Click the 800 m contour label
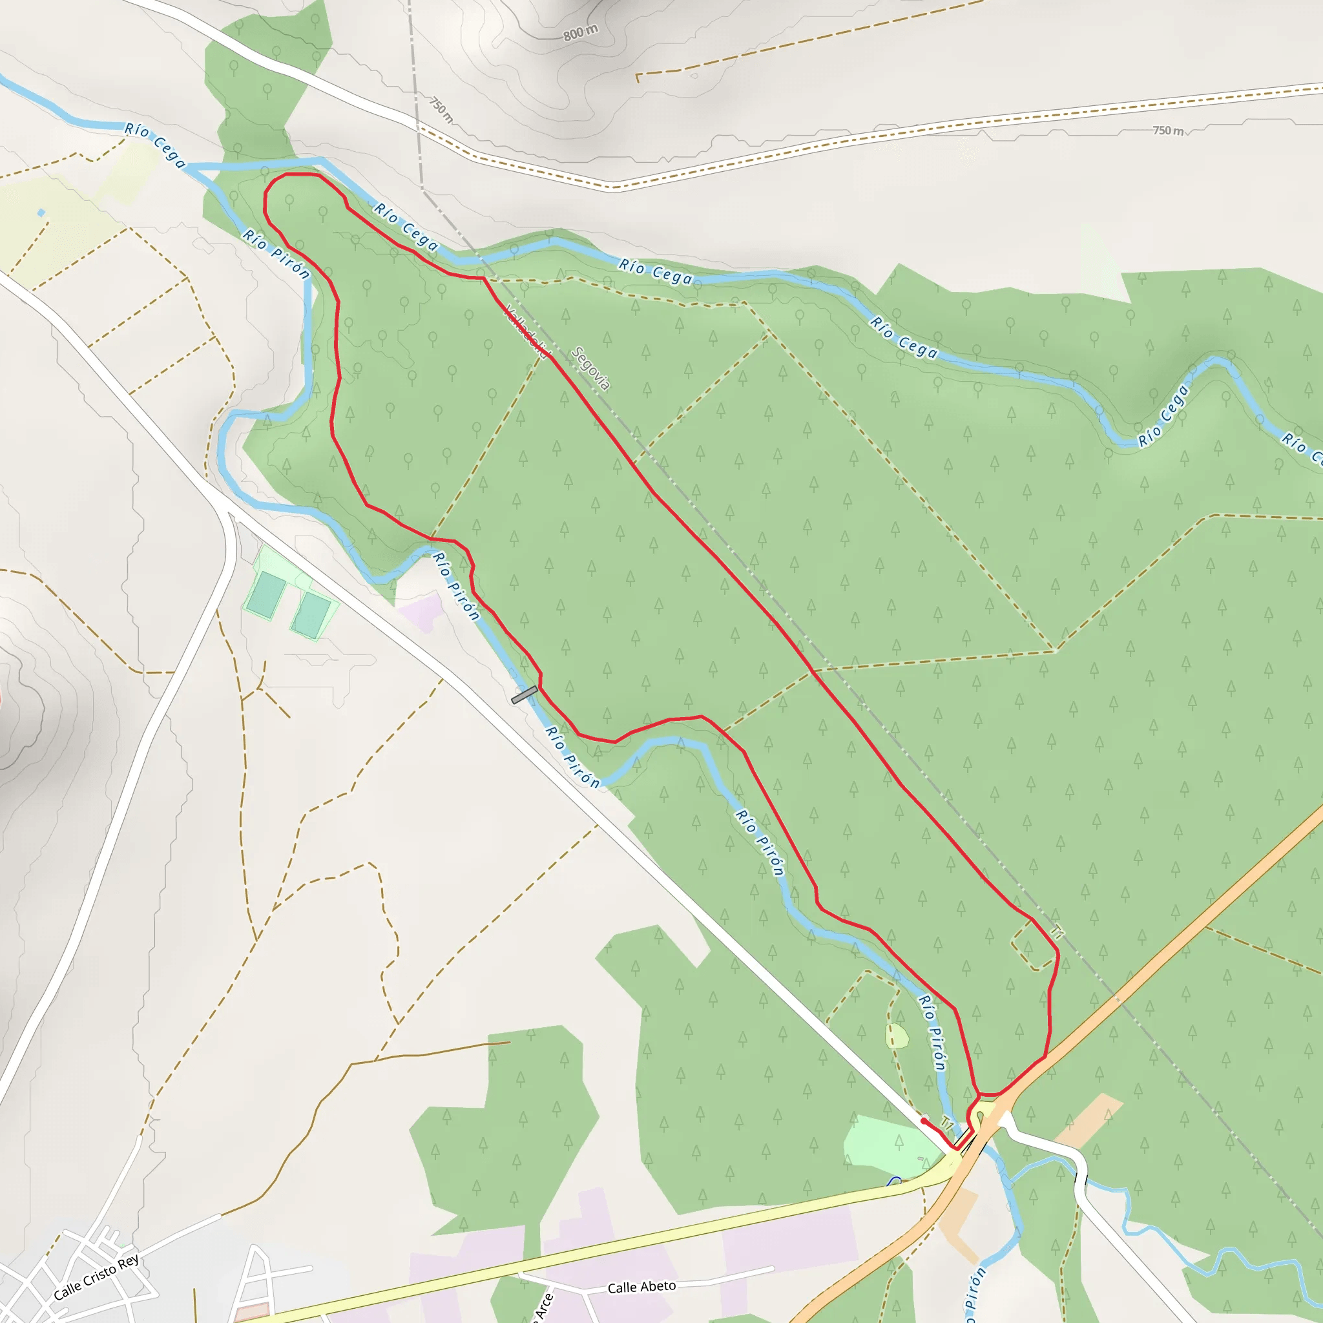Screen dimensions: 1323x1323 [581, 32]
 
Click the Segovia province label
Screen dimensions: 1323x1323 [590, 368]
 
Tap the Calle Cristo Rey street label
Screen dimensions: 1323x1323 [96, 1277]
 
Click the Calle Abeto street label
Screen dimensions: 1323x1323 [641, 1287]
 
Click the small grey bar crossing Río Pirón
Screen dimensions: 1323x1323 [525, 694]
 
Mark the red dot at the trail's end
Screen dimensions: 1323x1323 [924, 1121]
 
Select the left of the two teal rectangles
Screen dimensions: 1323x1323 [266, 594]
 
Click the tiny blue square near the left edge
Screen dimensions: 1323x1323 [42, 213]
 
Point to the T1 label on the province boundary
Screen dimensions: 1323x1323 [1058, 933]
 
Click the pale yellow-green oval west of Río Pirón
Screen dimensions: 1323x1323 [897, 1036]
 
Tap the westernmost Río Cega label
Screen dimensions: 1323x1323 [155, 145]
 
